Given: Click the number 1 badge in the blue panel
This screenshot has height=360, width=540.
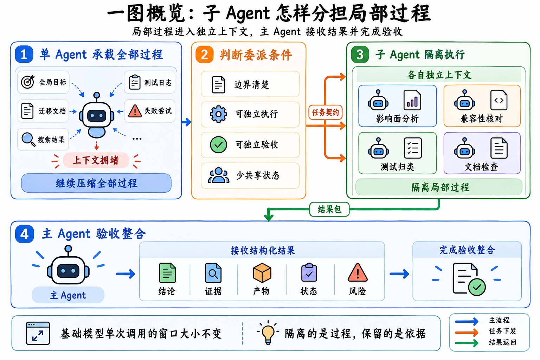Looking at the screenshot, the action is click(x=24, y=54).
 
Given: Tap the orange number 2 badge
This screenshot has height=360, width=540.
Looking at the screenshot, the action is click(x=204, y=54).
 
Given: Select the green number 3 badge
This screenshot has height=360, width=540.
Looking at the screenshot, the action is click(x=360, y=54).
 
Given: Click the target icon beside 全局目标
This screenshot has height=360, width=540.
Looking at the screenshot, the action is click(x=28, y=82).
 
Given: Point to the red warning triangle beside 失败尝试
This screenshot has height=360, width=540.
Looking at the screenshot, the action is click(x=135, y=111).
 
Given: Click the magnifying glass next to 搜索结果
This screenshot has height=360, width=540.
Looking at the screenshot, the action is click(x=28, y=139).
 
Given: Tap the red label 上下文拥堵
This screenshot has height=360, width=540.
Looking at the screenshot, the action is click(x=96, y=160).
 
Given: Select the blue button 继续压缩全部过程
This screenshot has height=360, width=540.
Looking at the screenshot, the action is click(x=96, y=183).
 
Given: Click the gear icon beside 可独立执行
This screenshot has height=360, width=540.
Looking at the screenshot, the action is click(x=218, y=114).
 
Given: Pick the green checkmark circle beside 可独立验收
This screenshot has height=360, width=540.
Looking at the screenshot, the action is click(x=218, y=145).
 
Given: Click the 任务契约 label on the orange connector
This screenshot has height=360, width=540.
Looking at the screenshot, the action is click(x=326, y=112).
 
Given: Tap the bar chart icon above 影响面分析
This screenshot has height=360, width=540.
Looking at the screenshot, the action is click(x=412, y=100).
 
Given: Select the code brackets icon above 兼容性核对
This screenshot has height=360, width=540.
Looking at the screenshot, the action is click(x=499, y=100).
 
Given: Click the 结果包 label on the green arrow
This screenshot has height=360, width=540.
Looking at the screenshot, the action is click(x=329, y=209).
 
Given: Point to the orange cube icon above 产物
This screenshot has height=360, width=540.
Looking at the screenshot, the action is click(x=262, y=273).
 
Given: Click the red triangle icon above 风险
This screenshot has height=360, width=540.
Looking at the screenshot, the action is click(x=358, y=273).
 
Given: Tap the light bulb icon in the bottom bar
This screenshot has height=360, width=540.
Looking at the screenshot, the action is click(x=268, y=333).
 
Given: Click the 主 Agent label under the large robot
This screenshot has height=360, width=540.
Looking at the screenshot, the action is click(x=68, y=295).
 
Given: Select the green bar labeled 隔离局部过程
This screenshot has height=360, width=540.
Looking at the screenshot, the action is click(x=439, y=187).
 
